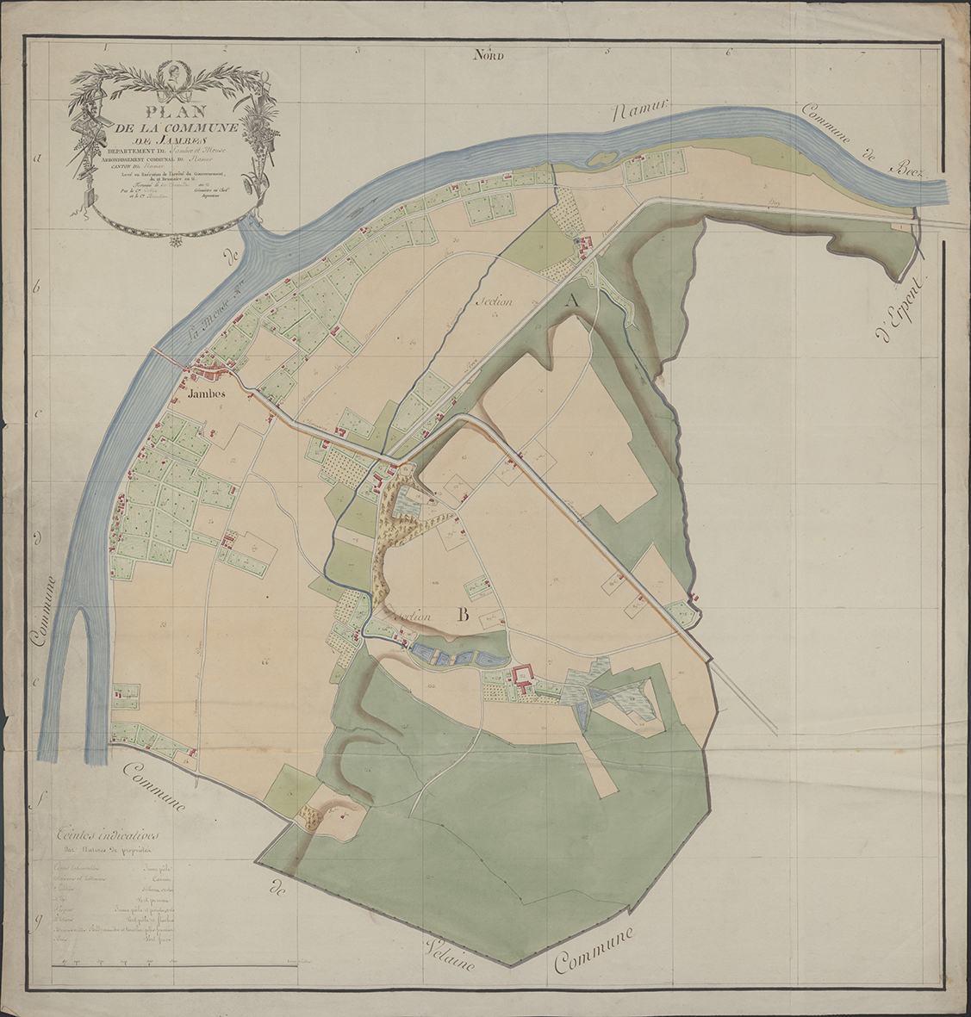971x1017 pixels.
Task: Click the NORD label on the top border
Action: coord(488,56)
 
